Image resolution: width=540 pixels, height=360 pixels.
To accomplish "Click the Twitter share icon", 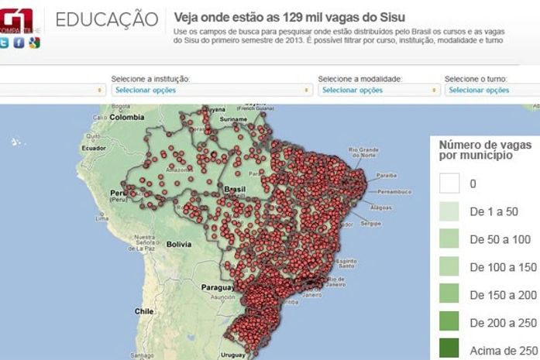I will pyautogui.click(x=5, y=43).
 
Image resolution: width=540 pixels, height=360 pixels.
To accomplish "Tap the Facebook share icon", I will pyautogui.click(x=19, y=43).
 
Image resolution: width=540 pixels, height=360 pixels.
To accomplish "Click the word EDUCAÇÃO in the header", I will pyautogui.click(x=108, y=19).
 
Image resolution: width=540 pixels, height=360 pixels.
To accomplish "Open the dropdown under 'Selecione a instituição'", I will pyautogui.click(x=208, y=90).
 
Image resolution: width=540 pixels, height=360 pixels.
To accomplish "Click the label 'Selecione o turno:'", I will pyautogui.click(x=476, y=79).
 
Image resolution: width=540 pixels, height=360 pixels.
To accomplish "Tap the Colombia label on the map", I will pyautogui.click(x=126, y=117).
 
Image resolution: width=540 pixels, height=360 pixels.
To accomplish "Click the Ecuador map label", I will pyautogui.click(x=94, y=147).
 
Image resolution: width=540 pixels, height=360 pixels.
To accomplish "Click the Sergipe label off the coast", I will pyautogui.click(x=372, y=223).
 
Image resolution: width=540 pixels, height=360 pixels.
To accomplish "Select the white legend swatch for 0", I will pyautogui.click(x=449, y=183).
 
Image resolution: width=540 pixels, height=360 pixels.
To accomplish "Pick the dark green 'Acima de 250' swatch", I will pyautogui.click(x=449, y=348).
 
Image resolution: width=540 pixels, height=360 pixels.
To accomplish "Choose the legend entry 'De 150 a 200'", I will pyautogui.click(x=502, y=294).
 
